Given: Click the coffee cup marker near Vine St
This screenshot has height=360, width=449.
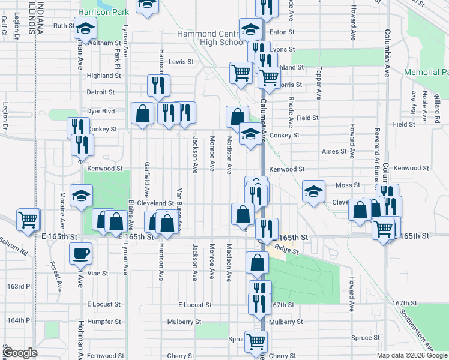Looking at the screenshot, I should [x=82, y=253].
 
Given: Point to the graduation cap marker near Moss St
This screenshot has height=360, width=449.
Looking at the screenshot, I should [x=313, y=191].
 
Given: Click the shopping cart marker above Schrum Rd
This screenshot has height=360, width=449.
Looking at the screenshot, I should [x=28, y=220].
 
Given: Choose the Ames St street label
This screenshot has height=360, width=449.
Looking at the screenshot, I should [x=335, y=152].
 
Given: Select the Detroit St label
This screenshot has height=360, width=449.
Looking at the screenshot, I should [x=100, y=92].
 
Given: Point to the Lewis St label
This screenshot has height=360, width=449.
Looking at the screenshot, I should [x=181, y=62].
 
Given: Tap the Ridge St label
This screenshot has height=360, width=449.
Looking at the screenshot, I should [x=287, y=248].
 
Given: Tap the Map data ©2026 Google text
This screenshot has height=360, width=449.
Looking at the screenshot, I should [x=412, y=355].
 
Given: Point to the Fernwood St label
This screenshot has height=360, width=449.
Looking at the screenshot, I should [x=100, y=356].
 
